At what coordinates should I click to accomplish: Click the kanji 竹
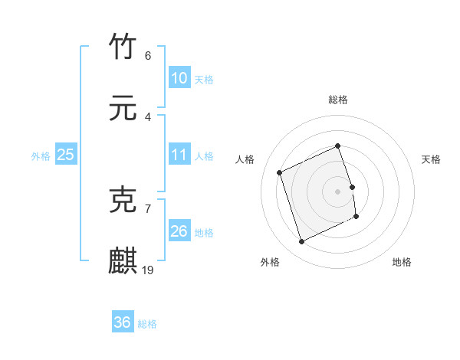[123, 47]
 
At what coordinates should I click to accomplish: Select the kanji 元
[123, 109]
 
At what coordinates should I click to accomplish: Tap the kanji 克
[123, 199]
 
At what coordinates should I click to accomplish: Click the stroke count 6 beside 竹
[148, 56]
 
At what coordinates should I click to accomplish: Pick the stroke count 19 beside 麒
[149, 270]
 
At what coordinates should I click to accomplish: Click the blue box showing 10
[179, 78]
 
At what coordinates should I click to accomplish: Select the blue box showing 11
[179, 155]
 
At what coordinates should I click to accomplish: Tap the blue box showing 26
[179, 231]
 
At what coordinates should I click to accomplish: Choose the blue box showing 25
[66, 155]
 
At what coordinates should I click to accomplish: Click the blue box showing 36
[123, 322]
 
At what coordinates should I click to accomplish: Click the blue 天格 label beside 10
[204, 79]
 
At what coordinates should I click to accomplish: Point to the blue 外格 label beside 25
[41, 155]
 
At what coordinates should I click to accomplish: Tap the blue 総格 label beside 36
[147, 323]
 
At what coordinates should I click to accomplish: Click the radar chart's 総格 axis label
[338, 100]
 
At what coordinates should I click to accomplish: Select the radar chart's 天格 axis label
[431, 159]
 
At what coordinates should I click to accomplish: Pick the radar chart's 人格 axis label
[245, 159]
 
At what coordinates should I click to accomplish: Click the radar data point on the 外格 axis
[301, 242]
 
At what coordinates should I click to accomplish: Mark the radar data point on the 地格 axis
[357, 218]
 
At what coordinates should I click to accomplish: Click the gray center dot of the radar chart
[338, 191]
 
